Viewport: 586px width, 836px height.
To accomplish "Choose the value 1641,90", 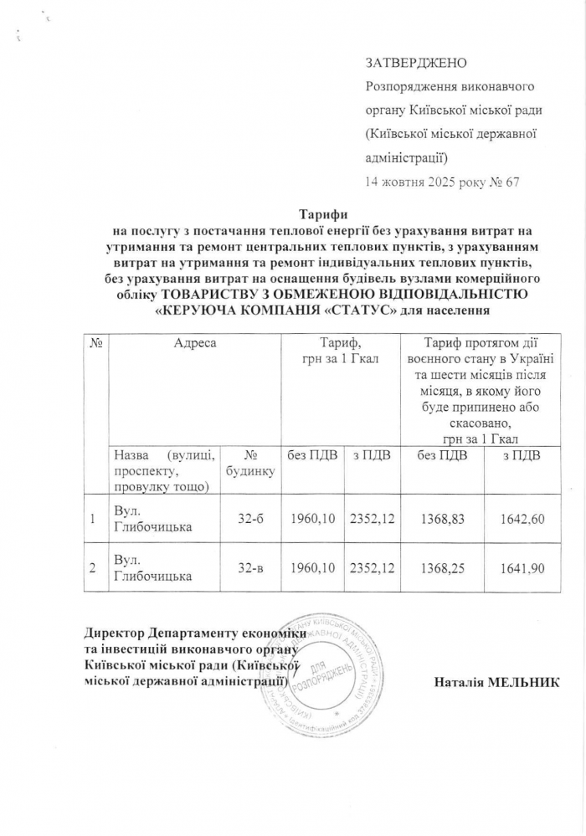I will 522,568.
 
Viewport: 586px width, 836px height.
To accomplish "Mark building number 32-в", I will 251,568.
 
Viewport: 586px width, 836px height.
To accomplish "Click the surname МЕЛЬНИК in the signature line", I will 526,683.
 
